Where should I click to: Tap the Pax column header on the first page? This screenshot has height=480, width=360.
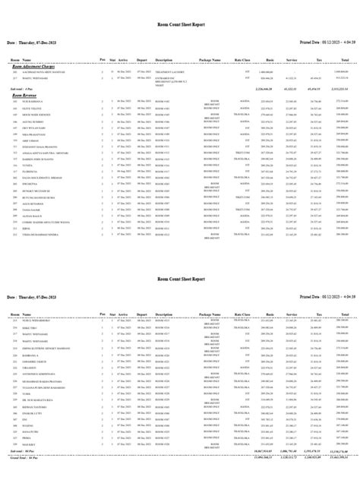tap(103, 79)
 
